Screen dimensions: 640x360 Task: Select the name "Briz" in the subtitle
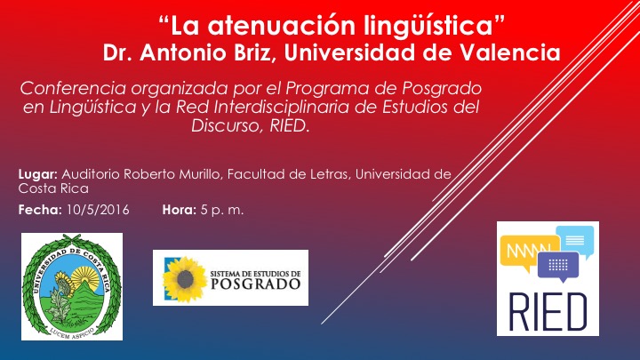254,52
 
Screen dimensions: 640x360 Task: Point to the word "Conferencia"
73,88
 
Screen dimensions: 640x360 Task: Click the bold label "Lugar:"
37,175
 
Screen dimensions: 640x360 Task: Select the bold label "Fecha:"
40,210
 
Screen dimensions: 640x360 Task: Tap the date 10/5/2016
98,210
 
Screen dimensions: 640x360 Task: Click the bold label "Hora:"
180,210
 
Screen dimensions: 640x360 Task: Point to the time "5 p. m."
222,210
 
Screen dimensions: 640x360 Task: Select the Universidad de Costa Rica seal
72,286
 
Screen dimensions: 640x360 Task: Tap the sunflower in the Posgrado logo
185,279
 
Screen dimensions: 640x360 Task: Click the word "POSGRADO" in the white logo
256,284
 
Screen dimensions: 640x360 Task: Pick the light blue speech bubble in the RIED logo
575,240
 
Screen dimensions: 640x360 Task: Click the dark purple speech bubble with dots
558,267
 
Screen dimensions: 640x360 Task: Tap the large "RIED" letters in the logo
548,312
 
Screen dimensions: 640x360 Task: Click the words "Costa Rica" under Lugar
53,188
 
